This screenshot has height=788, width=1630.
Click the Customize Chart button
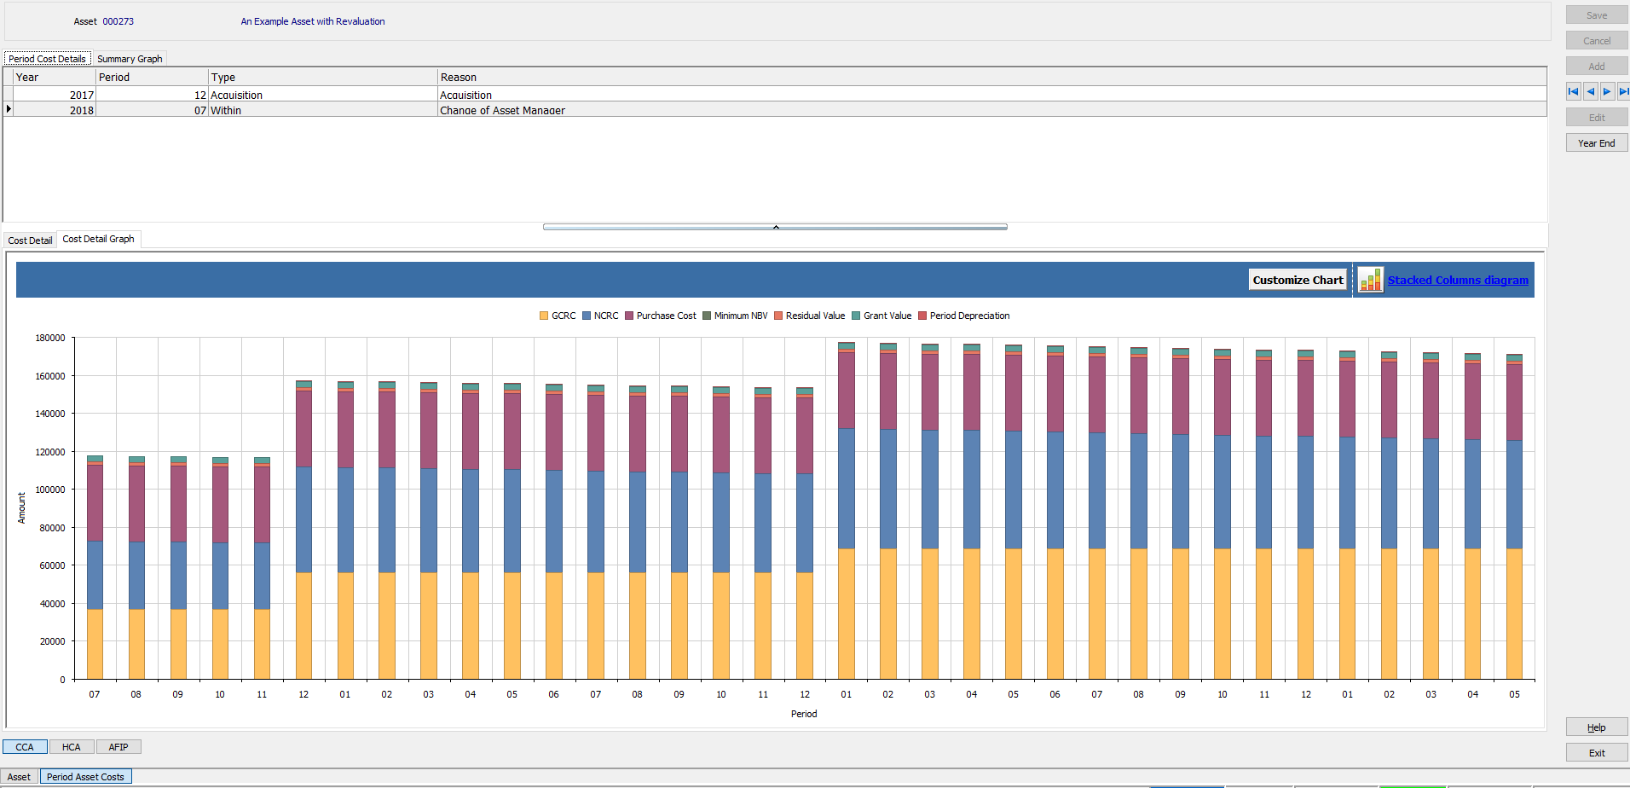[1297, 280]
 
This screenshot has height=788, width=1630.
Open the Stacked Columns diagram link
[1457, 280]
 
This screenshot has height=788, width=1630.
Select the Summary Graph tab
[130, 59]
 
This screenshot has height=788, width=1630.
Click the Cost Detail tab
[30, 240]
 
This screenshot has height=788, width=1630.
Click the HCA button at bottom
[72, 747]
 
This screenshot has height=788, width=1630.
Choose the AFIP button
[118, 747]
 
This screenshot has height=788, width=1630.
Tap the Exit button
[1596, 753]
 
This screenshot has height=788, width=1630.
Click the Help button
[1596, 727]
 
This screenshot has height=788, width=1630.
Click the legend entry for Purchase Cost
[665, 316]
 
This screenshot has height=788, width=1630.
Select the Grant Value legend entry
[887, 316]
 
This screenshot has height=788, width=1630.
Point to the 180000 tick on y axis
[50, 338]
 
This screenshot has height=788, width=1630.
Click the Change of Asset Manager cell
[502, 110]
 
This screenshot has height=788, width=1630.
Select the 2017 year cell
[81, 95]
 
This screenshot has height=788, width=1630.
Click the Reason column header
[459, 77]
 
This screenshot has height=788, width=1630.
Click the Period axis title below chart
[803, 714]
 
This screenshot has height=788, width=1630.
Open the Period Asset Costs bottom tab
[85, 777]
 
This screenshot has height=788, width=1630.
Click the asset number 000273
[118, 21]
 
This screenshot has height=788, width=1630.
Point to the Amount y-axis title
[22, 507]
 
